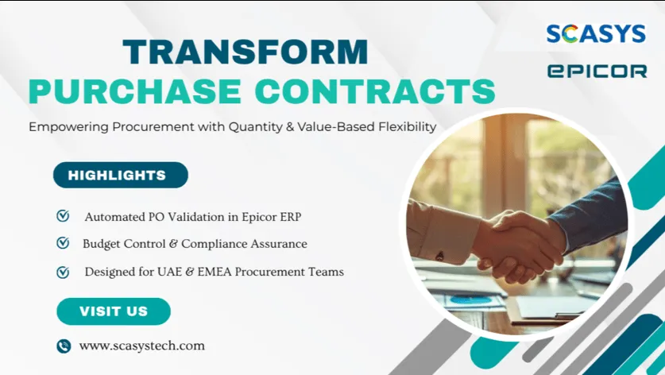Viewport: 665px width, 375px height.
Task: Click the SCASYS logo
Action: coord(596,33)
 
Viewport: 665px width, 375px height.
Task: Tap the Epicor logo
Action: coord(597,71)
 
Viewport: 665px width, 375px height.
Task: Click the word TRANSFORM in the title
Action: coord(246,52)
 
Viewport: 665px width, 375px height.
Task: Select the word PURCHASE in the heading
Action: coord(135,91)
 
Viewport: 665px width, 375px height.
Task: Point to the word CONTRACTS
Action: coord(375,91)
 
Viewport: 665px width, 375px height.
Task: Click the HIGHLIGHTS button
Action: coord(121,175)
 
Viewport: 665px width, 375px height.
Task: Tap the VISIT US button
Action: coord(114,311)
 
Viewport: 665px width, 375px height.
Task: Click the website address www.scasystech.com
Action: coord(142,346)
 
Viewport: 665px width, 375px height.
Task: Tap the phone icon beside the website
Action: coord(64,346)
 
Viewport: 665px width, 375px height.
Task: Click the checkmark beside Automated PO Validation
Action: coord(63,216)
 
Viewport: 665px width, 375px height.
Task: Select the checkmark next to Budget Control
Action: coord(63,243)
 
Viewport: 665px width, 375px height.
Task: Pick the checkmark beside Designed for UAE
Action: coord(63,272)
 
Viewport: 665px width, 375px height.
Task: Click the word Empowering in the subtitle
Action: coord(68,127)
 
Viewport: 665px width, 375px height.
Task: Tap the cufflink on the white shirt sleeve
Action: coord(440,256)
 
